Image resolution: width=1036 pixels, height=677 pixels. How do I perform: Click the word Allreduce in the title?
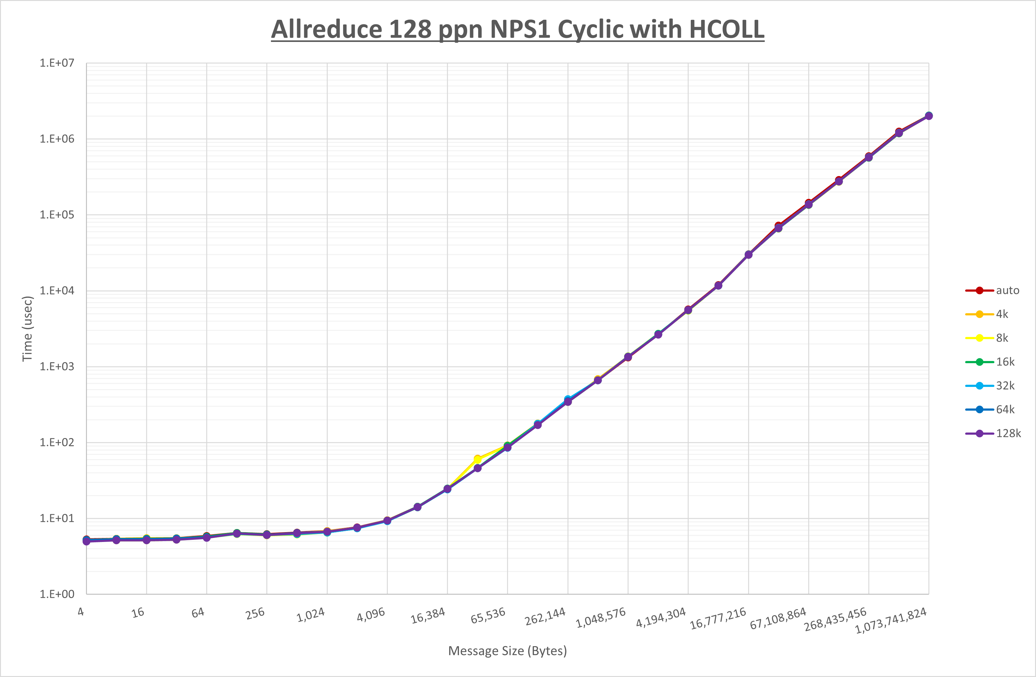(x=326, y=29)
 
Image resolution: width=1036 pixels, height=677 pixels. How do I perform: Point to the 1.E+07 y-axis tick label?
(x=57, y=63)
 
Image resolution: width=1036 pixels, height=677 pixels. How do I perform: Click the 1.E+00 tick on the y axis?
(x=57, y=594)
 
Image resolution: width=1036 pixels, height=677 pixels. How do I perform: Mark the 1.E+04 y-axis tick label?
(x=57, y=290)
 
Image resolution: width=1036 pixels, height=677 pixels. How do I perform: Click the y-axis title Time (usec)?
(x=27, y=329)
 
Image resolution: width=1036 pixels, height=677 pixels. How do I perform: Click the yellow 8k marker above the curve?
(x=477, y=459)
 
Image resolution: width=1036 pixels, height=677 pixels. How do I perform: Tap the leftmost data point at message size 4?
(x=86, y=541)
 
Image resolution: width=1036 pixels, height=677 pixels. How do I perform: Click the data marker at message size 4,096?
(x=387, y=521)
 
